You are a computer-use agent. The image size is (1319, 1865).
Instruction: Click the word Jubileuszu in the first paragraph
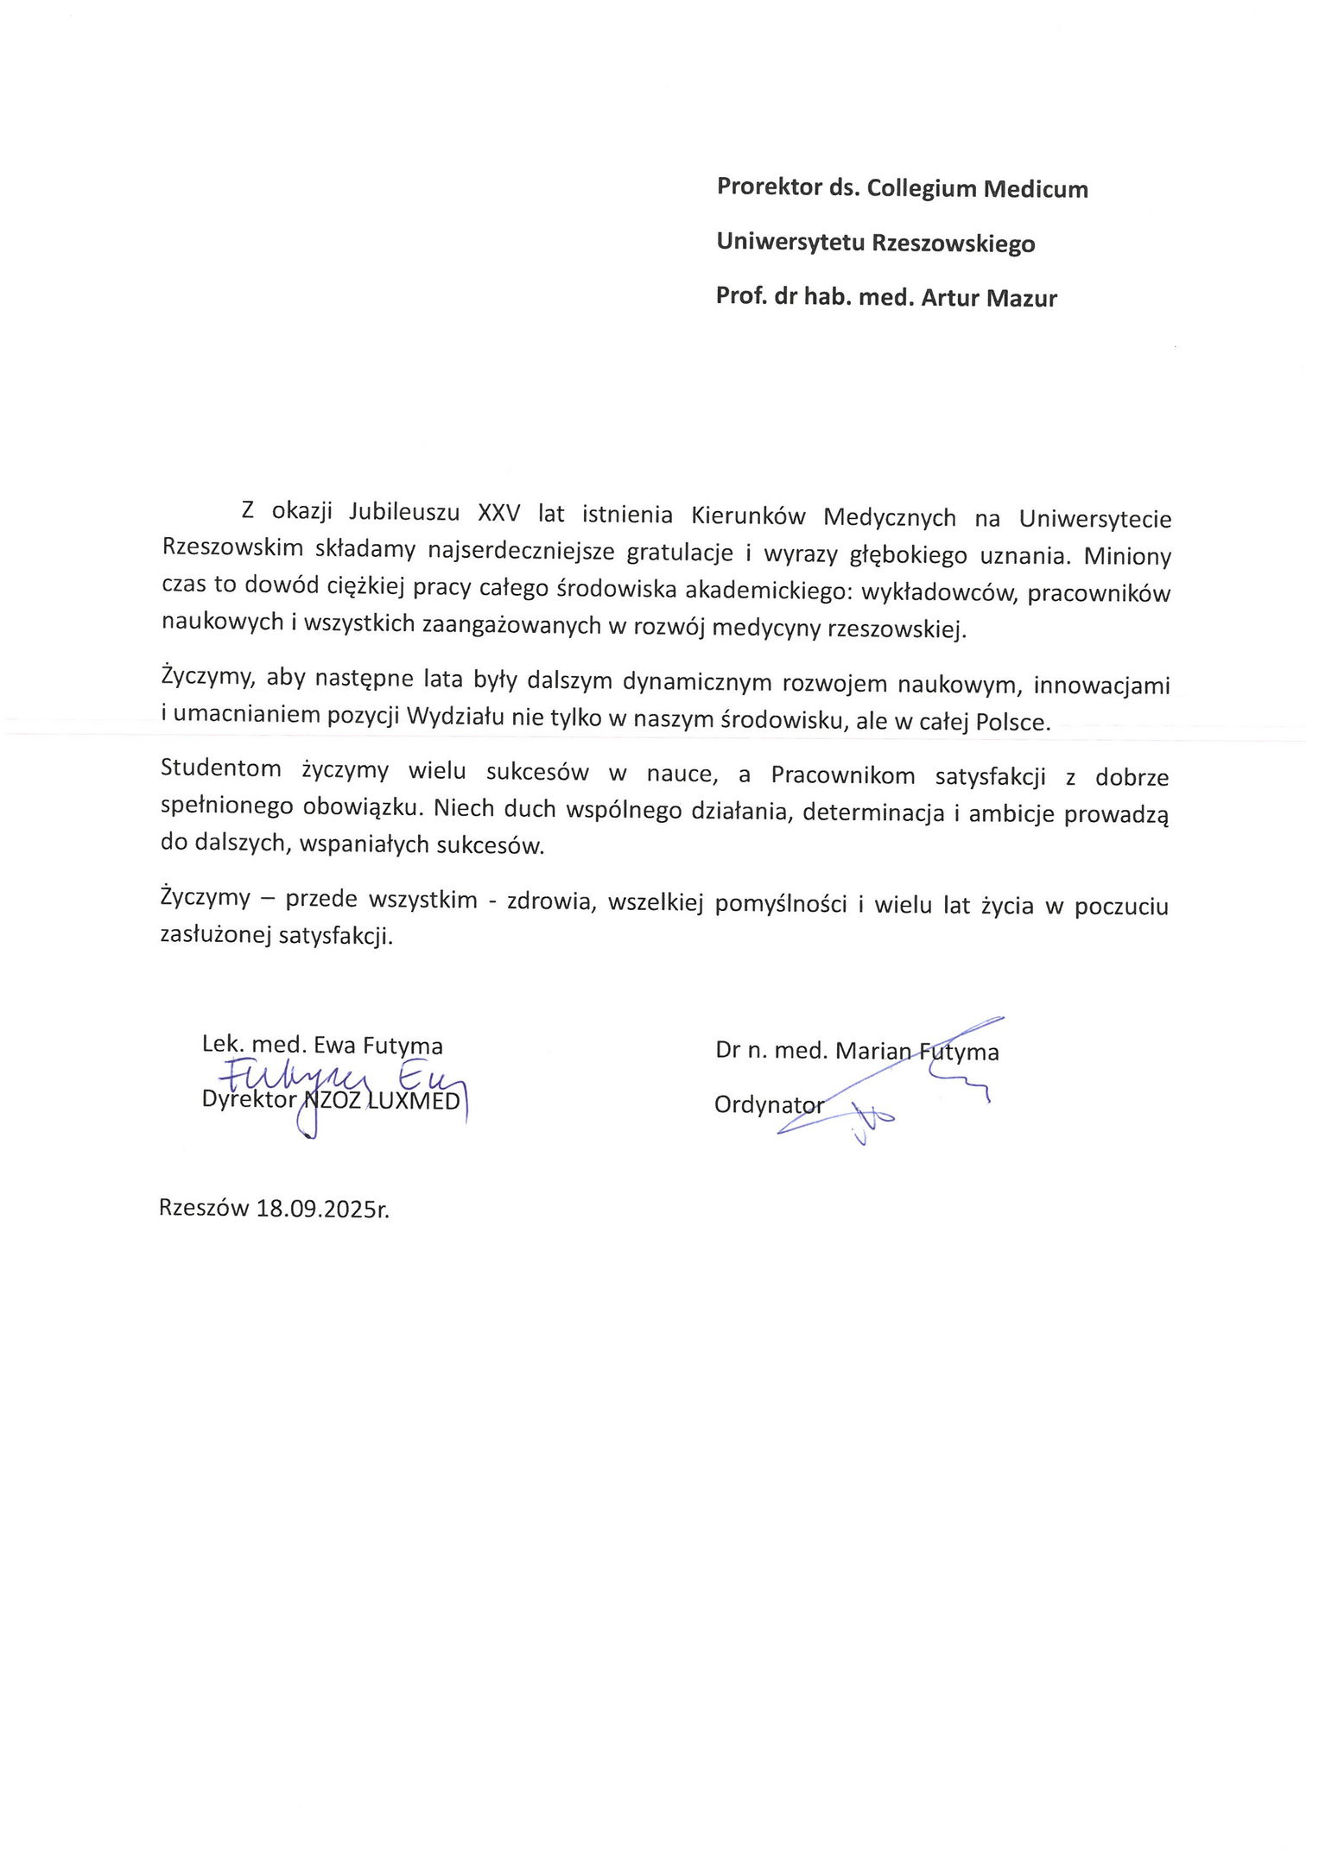pyautogui.click(x=404, y=513)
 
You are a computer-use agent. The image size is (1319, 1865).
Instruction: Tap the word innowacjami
pyautogui.click(x=1101, y=686)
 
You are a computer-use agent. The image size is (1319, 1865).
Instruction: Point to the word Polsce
pyautogui.click(x=1013, y=722)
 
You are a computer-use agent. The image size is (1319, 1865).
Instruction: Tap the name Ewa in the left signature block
pyautogui.click(x=334, y=1046)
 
